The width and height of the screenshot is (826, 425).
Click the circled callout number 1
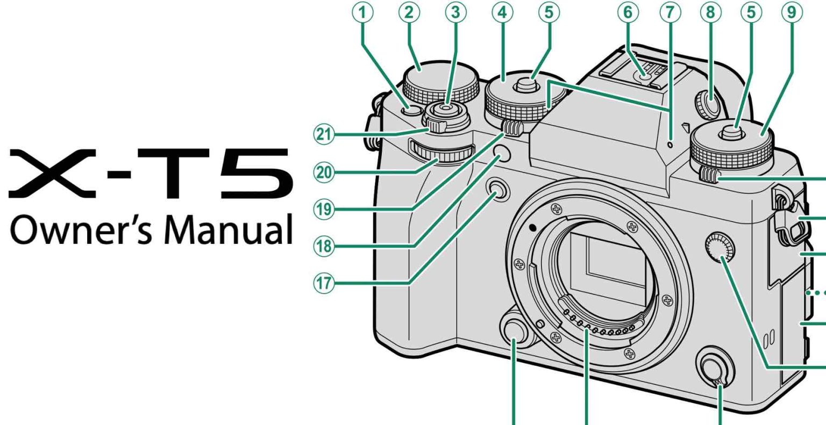tap(362, 12)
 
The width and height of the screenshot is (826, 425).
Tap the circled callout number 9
tap(792, 12)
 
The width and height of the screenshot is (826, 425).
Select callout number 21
tap(324, 134)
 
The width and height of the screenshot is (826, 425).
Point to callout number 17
tap(324, 284)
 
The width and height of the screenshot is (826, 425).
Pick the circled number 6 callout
tap(628, 12)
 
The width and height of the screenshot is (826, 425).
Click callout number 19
tap(324, 210)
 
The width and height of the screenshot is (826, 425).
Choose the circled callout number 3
tap(456, 12)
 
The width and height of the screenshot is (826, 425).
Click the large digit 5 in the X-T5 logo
tap(258, 173)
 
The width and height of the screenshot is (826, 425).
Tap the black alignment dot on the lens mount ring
tap(532, 228)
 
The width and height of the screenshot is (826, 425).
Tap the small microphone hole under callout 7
tap(671, 145)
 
